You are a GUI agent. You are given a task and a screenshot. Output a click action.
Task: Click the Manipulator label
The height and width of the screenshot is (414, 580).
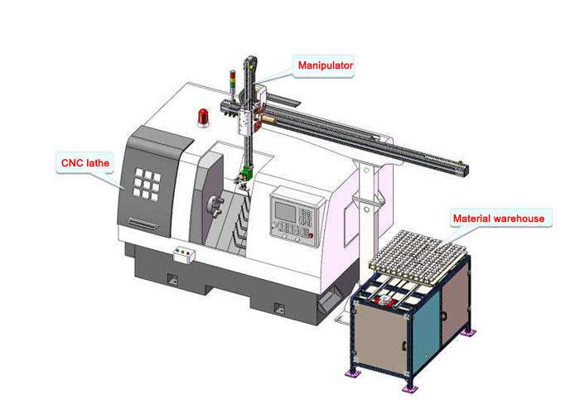coord(325,65)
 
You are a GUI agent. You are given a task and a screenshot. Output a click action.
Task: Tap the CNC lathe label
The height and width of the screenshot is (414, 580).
coord(85,162)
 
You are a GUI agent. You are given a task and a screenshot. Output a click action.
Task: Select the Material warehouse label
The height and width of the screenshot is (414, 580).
coord(499,219)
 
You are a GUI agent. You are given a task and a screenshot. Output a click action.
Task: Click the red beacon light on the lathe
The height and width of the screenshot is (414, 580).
coord(203,118)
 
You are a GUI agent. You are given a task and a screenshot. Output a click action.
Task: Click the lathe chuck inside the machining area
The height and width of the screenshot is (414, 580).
coord(215,206)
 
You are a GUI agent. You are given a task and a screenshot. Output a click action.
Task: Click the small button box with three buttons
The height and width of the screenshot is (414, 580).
coord(184,255)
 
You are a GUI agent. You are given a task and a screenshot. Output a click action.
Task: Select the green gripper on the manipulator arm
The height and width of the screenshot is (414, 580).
coord(245,173)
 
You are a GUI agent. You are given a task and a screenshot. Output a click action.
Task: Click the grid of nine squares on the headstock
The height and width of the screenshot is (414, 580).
coord(147,184)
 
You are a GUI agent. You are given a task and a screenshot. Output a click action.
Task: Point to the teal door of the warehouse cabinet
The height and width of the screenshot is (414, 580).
coord(426,329)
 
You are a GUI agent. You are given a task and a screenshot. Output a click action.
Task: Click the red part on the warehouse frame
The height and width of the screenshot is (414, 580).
coord(385,300)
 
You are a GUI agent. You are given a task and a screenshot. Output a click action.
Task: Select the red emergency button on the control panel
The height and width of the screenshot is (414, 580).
coord(311,235)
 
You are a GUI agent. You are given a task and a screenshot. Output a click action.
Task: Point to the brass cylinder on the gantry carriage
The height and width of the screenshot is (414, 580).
coord(268,119)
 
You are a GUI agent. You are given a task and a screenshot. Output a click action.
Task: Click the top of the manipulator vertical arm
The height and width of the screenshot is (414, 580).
coord(249,59)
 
